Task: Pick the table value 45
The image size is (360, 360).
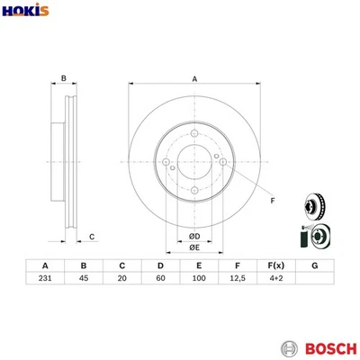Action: point(83,281)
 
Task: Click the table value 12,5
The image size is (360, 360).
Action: point(236,281)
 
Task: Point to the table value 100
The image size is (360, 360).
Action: point(197,281)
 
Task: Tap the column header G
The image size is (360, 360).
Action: point(313,265)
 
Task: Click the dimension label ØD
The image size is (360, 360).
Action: point(193,236)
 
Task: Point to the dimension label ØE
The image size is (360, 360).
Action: point(193,249)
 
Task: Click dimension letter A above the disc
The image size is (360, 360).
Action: point(194,80)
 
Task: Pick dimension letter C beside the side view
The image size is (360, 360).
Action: point(93,237)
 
